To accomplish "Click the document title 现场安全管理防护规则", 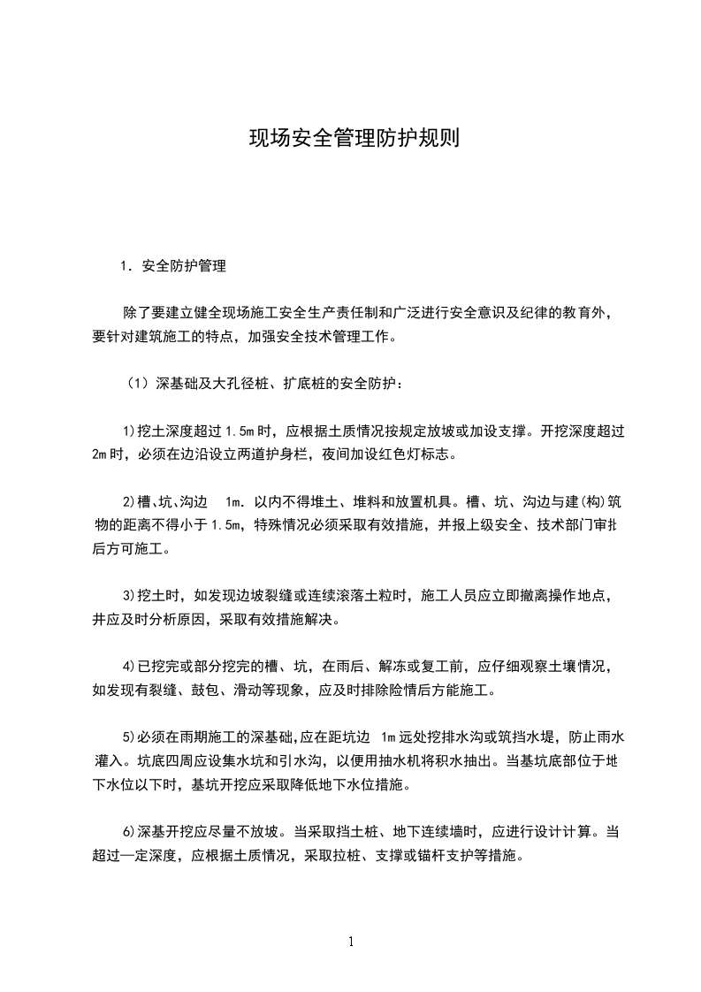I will [x=351, y=139].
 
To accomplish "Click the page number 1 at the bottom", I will [x=351, y=942].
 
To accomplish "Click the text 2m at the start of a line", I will [x=98, y=455].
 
